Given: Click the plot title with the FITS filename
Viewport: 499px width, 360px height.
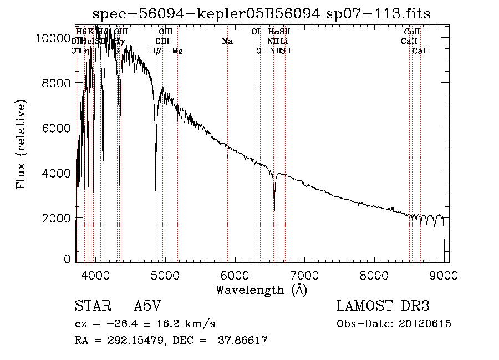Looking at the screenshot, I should tap(262, 13).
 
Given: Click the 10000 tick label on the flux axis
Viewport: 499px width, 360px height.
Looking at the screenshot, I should tap(53, 38).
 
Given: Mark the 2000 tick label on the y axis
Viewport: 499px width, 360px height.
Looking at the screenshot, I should tap(57, 218).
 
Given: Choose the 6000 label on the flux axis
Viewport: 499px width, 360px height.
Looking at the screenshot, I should tap(57, 128).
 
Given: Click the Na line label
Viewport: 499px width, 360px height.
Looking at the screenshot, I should tap(227, 42).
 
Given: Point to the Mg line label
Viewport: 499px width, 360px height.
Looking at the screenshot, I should tap(177, 51).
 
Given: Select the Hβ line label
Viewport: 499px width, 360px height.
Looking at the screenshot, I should tap(156, 51).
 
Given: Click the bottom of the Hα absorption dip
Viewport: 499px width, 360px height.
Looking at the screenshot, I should tap(274, 210).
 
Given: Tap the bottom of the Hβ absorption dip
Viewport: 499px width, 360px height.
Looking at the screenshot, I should tap(156, 190).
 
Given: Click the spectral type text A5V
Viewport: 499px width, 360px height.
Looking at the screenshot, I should tap(148, 306).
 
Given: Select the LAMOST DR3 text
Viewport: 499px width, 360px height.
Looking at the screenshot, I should tap(383, 306).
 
